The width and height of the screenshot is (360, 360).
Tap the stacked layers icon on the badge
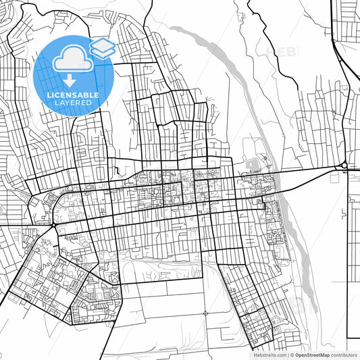[x=102, y=48]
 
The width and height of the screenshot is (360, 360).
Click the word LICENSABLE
[x=73, y=95]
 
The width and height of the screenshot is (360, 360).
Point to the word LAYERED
[x=73, y=103]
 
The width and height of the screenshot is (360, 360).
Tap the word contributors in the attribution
[x=344, y=354]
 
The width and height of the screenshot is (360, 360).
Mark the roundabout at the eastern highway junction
[x=344, y=165]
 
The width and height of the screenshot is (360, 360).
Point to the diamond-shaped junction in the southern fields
[x=205, y=313]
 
